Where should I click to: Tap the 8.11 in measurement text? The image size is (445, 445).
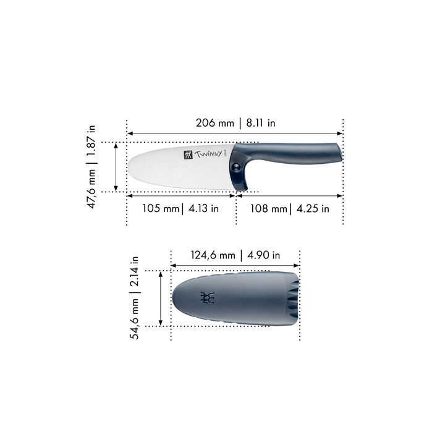click(x=260, y=123)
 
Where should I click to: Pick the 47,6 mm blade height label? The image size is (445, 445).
click(x=91, y=185)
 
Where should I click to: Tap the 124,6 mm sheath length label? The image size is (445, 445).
click(x=212, y=255)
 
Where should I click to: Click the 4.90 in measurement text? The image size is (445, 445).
click(x=263, y=255)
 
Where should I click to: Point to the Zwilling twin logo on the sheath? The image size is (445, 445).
click(x=208, y=298)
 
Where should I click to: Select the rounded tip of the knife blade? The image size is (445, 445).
click(x=131, y=167)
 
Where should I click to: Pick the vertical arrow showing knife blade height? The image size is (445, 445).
click(x=116, y=167)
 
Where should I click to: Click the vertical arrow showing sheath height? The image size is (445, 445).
click(x=160, y=298)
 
